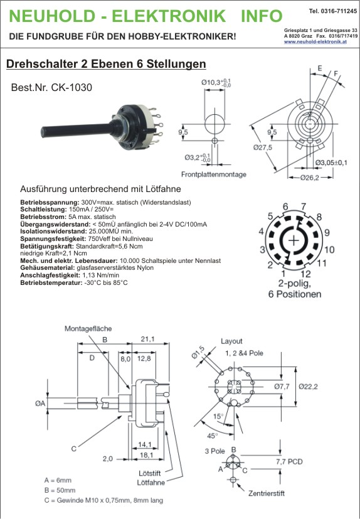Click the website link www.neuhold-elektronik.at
(315, 41)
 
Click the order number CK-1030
(71, 87)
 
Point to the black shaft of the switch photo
(77, 130)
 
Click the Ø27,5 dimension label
(263, 147)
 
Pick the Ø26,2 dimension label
(310, 178)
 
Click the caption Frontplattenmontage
(213, 174)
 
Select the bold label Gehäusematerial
(48, 268)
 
